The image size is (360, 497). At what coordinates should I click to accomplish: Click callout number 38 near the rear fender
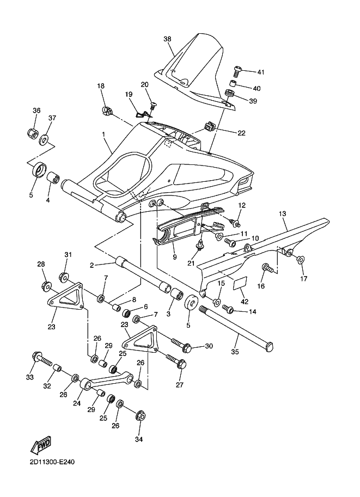[167, 39]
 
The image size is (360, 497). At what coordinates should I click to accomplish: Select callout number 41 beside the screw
[260, 72]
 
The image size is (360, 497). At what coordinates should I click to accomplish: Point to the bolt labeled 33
[42, 359]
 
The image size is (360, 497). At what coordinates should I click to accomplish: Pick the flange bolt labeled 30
[181, 345]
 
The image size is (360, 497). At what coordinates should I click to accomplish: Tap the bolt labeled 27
[176, 361]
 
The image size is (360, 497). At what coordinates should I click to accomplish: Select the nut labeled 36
[32, 132]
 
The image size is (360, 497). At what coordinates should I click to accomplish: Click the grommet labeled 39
[228, 95]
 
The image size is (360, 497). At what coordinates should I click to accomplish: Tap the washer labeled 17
[301, 260]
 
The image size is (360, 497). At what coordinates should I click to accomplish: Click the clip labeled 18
[107, 112]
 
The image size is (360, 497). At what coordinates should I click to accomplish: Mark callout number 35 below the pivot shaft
[235, 352]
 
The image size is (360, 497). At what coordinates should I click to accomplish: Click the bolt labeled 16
[268, 268]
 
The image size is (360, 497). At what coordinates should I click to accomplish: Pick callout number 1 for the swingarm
[103, 134]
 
